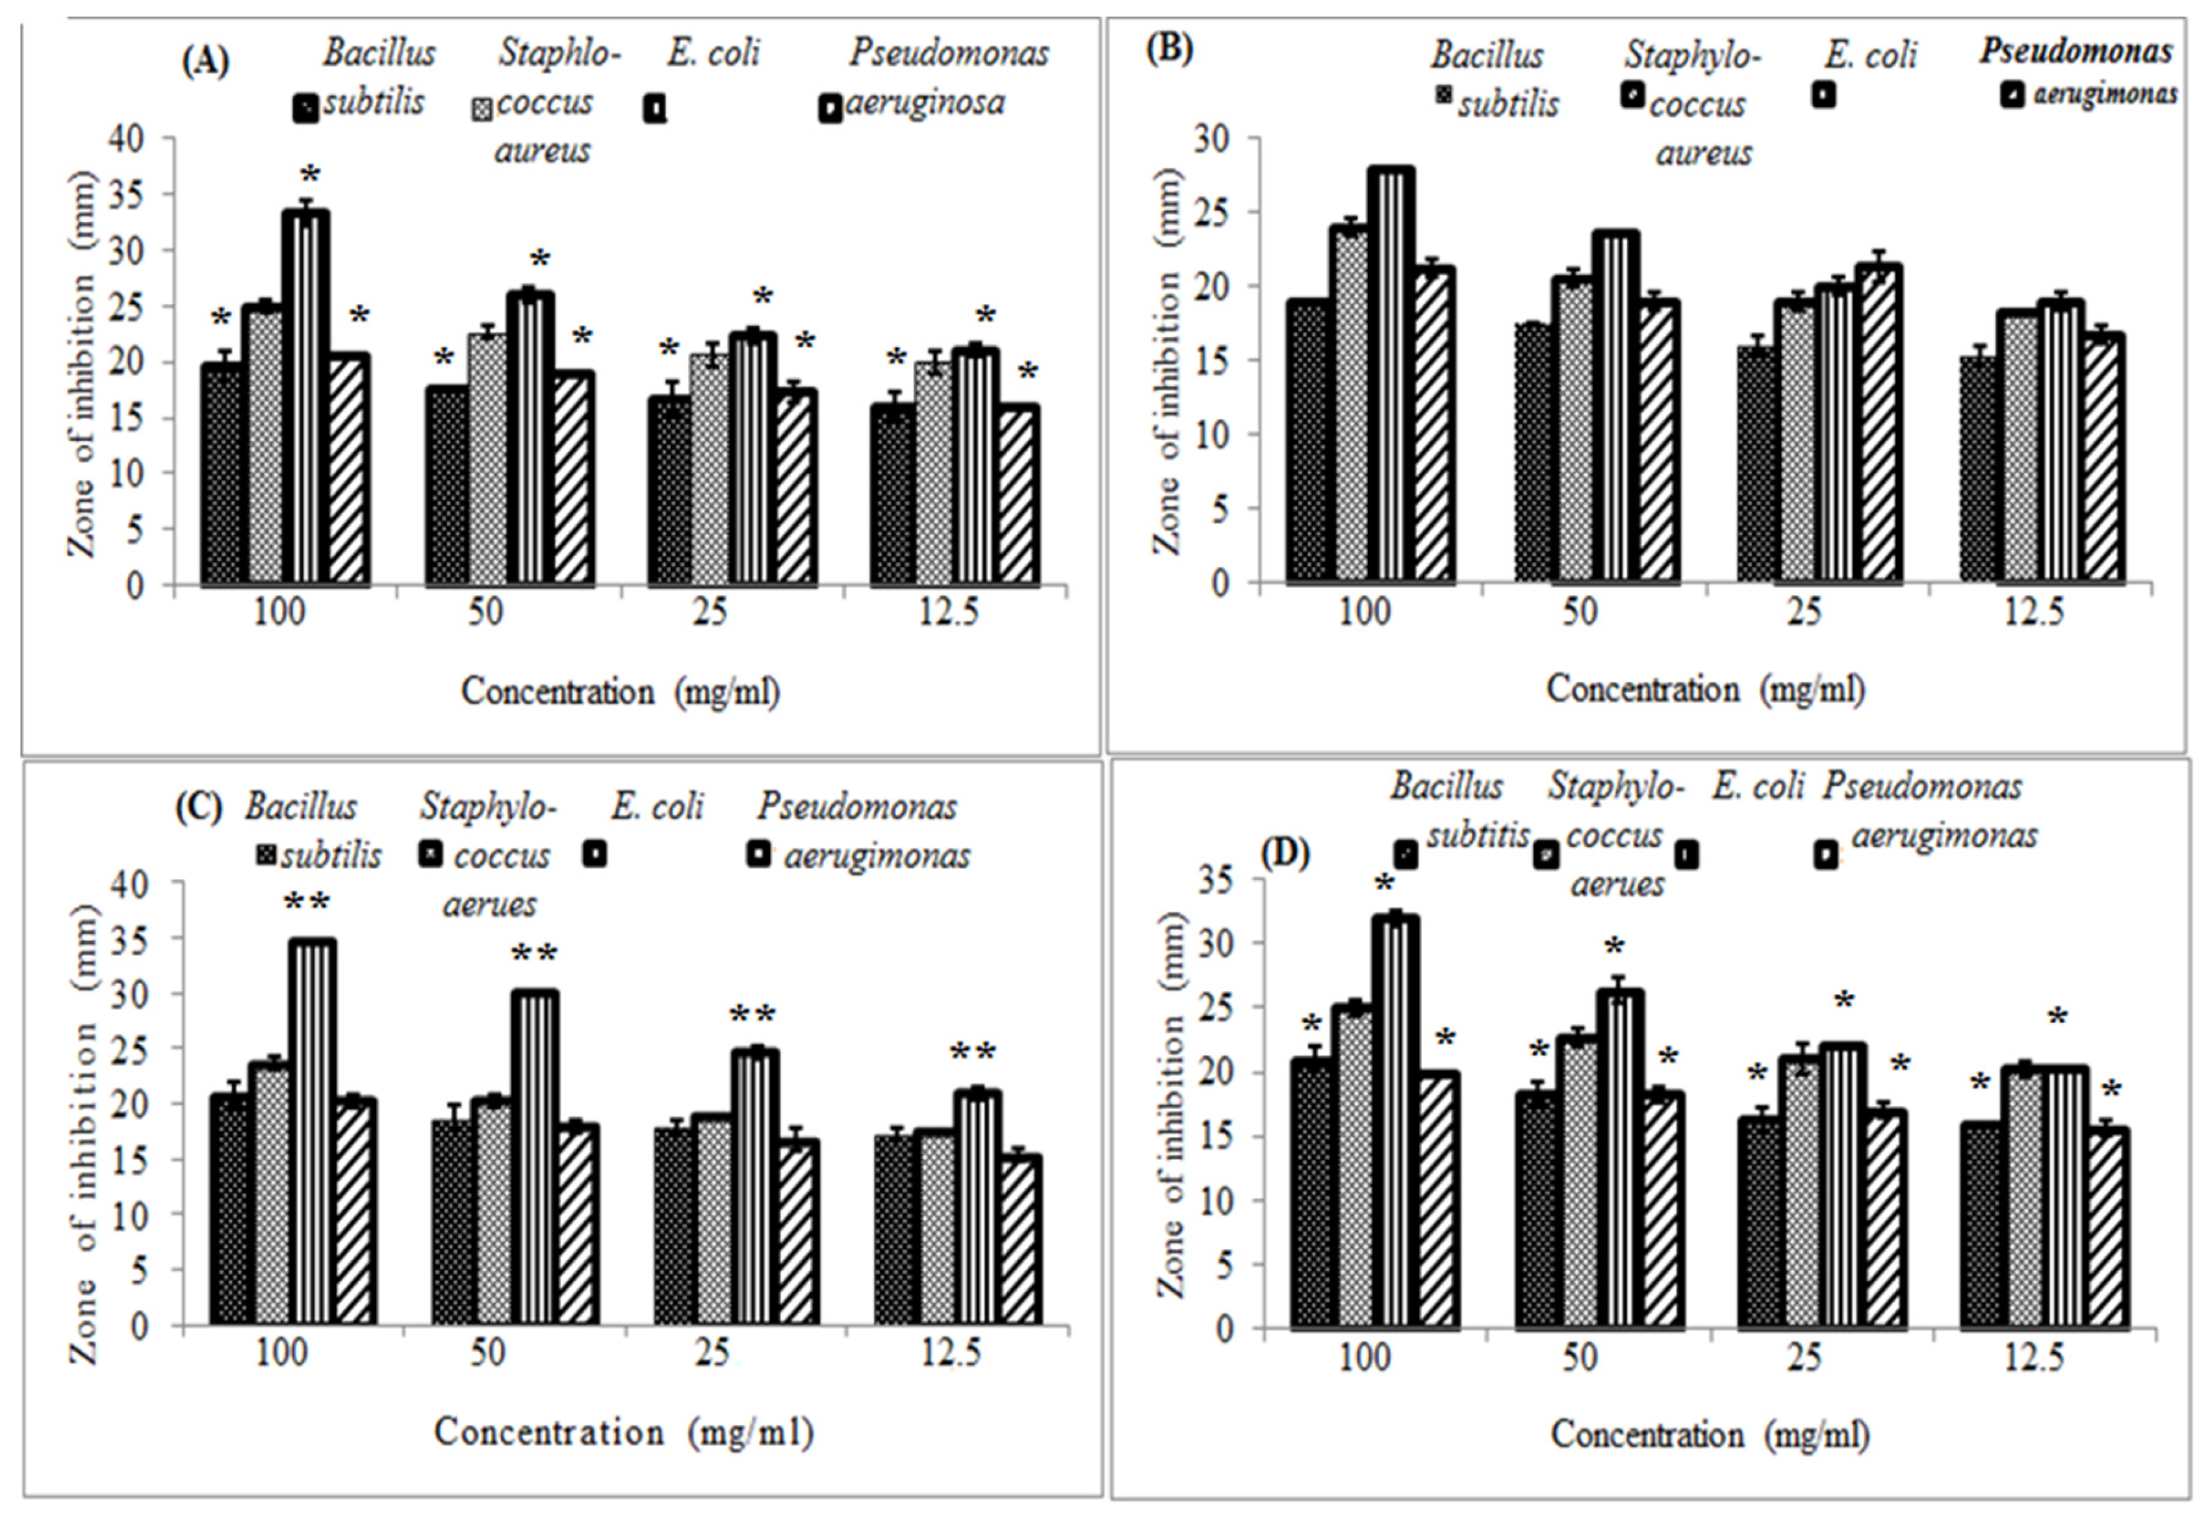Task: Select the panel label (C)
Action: pos(198,807)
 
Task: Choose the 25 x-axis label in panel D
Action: pos(1803,1356)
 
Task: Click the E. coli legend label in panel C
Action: pos(657,807)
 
